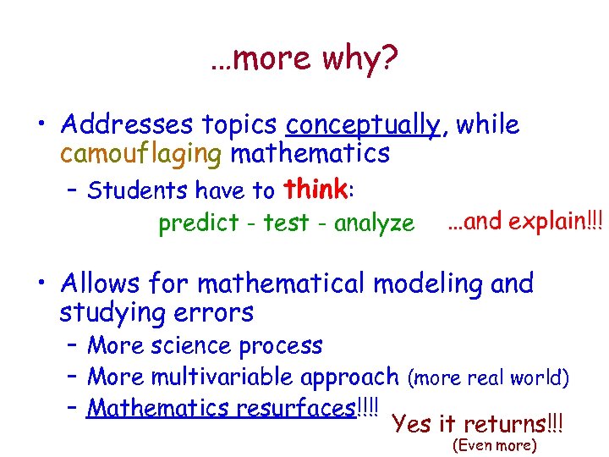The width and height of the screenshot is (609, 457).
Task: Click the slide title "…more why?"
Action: (304, 59)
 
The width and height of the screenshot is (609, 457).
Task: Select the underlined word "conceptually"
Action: (363, 125)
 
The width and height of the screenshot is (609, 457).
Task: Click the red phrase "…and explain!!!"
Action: (524, 221)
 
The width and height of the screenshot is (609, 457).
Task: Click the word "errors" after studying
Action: (215, 312)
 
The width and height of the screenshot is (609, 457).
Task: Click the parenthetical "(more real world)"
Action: (488, 377)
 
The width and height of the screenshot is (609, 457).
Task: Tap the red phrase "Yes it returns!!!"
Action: (478, 422)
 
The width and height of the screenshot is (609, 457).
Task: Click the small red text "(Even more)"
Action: (495, 445)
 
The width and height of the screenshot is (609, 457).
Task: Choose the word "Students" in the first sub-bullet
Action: (138, 190)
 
